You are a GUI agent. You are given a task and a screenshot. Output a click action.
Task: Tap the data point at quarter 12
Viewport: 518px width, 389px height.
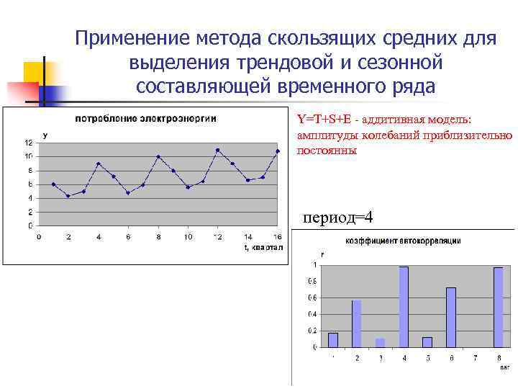(217, 150)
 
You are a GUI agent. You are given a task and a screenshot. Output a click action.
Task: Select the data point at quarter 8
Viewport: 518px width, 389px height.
(158, 156)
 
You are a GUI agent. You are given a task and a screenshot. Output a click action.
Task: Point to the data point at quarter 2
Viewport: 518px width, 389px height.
(68, 195)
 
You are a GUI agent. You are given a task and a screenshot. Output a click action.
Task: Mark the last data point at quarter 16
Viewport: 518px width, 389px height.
(277, 151)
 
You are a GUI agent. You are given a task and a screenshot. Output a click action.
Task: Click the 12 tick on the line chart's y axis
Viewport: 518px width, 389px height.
(28, 142)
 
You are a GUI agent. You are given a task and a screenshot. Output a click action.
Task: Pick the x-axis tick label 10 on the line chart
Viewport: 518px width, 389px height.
(188, 236)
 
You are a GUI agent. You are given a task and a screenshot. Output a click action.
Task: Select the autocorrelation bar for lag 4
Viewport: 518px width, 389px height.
(404, 306)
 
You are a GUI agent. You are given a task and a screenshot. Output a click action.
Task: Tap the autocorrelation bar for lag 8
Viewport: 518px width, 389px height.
(498, 307)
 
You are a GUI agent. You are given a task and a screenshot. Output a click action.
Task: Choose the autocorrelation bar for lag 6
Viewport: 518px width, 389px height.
(451, 317)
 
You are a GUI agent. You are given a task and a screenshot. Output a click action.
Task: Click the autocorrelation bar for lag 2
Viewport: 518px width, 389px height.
(356, 323)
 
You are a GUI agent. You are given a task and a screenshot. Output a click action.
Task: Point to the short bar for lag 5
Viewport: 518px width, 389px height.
(427, 341)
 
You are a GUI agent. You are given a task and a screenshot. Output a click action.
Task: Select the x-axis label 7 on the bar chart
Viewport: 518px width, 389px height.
(474, 357)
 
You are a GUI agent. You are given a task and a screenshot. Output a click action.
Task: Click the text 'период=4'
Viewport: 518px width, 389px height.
(338, 218)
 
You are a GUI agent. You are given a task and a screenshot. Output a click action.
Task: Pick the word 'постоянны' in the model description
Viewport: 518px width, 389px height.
(326, 151)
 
